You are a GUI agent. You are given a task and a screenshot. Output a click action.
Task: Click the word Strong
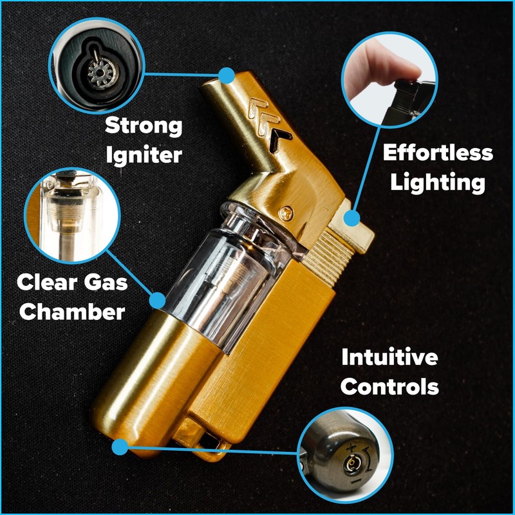tap(144, 125)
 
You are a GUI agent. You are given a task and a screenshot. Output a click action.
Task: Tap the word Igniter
tap(144, 154)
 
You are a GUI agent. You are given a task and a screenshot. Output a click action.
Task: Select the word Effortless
tap(438, 153)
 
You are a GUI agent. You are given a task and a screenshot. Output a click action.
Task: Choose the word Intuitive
tap(389, 357)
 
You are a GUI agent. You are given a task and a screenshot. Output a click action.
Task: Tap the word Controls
tap(389, 387)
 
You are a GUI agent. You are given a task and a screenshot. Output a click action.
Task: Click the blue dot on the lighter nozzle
tap(225, 76)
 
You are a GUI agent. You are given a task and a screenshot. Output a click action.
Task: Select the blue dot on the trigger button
tap(351, 219)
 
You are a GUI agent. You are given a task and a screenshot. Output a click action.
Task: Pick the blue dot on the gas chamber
tap(157, 299)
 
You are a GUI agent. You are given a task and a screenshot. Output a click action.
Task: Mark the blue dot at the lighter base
tap(119, 446)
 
